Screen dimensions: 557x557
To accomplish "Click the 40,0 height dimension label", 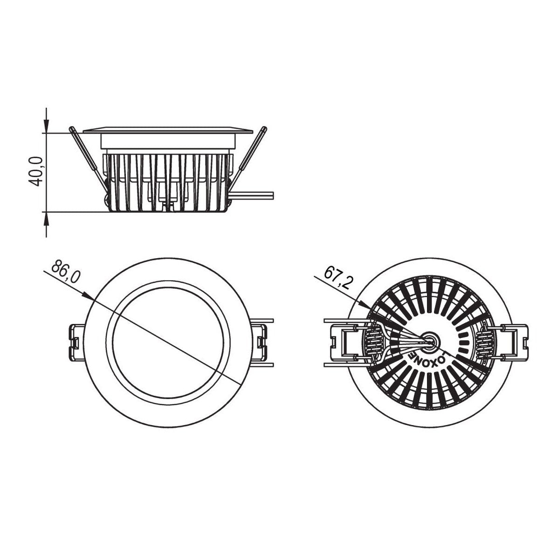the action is [x=36, y=171].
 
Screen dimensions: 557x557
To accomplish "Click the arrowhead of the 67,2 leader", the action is [x=364, y=304].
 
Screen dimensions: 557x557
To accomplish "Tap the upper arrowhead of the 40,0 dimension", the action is [x=47, y=126].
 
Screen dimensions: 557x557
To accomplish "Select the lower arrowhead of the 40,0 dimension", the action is [x=47, y=219].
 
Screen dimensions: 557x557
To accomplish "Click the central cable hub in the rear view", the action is [x=431, y=340].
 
